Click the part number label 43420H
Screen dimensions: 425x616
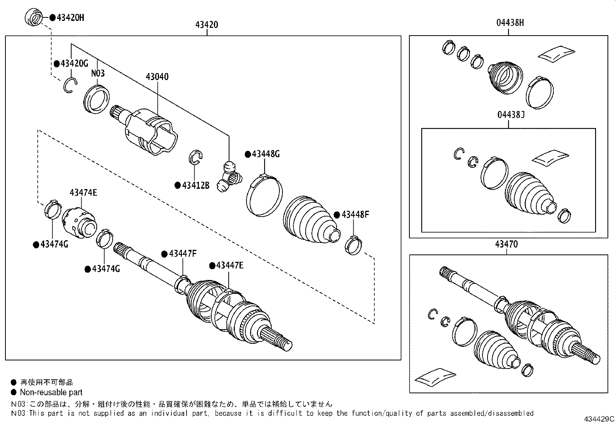point(70,17)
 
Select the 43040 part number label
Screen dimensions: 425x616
point(157,77)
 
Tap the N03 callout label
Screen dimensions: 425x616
point(98,73)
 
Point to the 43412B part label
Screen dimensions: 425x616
point(195,185)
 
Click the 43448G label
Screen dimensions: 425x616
point(265,154)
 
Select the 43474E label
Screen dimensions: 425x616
point(83,192)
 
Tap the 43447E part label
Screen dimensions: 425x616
point(229,265)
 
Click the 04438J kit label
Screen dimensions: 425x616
point(511,115)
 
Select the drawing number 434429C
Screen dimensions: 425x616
point(599,419)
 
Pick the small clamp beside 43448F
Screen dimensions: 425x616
point(353,246)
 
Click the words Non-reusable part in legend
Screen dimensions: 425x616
point(51,392)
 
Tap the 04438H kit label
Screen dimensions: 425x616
point(510,23)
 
